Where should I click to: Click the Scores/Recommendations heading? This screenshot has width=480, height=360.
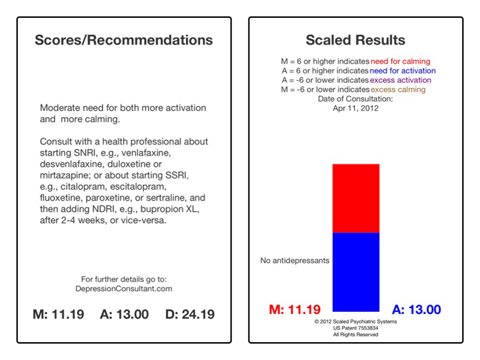[x=124, y=40]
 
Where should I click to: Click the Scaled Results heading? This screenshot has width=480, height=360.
[x=356, y=40]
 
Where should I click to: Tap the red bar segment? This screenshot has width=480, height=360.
[x=356, y=198]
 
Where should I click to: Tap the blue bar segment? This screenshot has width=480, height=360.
[x=356, y=271]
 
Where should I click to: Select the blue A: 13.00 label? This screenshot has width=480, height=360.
[x=416, y=310]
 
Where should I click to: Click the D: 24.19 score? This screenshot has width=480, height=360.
[x=190, y=314]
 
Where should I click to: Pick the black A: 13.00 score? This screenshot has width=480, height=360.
[x=124, y=314]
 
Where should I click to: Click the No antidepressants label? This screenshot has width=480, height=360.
[x=294, y=261]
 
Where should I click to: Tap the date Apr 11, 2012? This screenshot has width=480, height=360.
[x=356, y=107]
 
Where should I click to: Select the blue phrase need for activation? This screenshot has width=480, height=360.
[x=402, y=71]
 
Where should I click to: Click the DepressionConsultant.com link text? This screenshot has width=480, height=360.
[x=124, y=289]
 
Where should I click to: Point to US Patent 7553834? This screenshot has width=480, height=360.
[x=356, y=327]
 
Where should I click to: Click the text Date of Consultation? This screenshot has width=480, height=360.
[x=356, y=99]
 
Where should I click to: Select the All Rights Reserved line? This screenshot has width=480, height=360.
[x=356, y=334]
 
